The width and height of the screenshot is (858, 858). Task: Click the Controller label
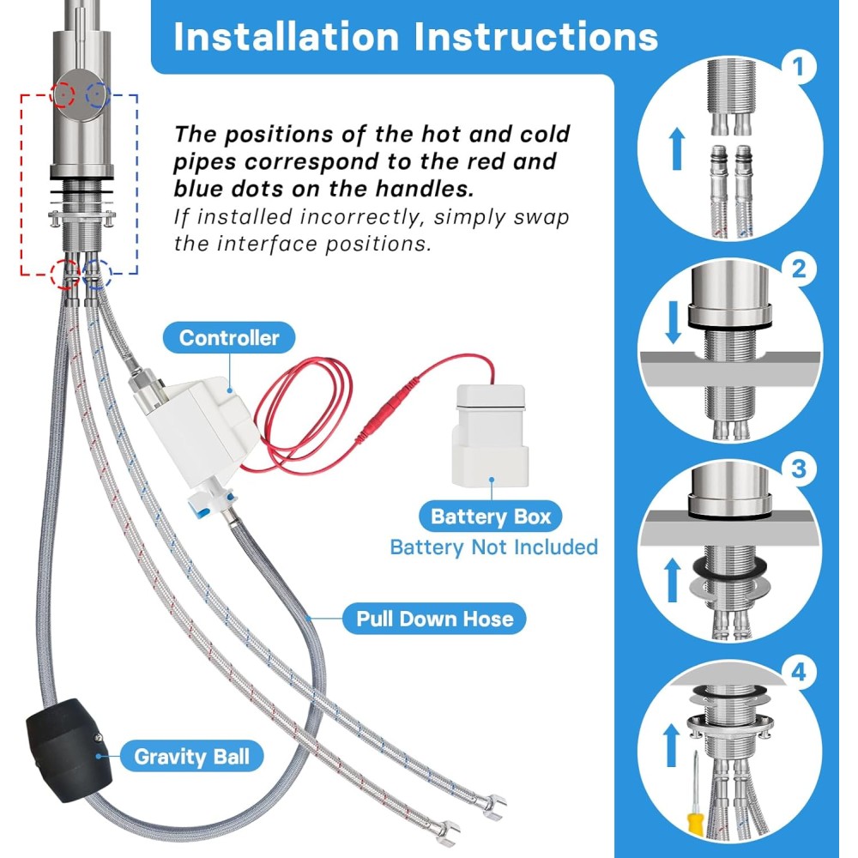[x=229, y=337]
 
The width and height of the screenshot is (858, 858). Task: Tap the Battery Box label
[x=490, y=517]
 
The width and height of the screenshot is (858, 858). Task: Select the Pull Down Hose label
[x=434, y=619]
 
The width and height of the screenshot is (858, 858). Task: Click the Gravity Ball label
[x=191, y=756]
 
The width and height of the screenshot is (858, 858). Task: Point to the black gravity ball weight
[x=69, y=750]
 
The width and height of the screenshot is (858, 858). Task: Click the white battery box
[x=491, y=436]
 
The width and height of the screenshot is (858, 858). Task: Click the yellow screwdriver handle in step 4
[x=695, y=826]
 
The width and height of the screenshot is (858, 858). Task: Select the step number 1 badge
[x=798, y=67]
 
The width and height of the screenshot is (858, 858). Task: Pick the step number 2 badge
[x=799, y=269]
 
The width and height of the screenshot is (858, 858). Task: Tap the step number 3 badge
[x=799, y=469]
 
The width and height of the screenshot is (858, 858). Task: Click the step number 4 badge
[x=799, y=672]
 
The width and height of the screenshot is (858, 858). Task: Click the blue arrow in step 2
[x=674, y=323]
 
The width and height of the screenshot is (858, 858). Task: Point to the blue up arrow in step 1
[x=678, y=148]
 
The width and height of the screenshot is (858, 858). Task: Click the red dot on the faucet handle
[x=63, y=94]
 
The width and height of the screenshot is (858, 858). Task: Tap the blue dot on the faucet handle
[x=97, y=96]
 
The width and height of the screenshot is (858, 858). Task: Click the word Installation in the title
[x=287, y=37]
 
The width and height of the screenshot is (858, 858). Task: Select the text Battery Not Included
[x=493, y=547]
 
